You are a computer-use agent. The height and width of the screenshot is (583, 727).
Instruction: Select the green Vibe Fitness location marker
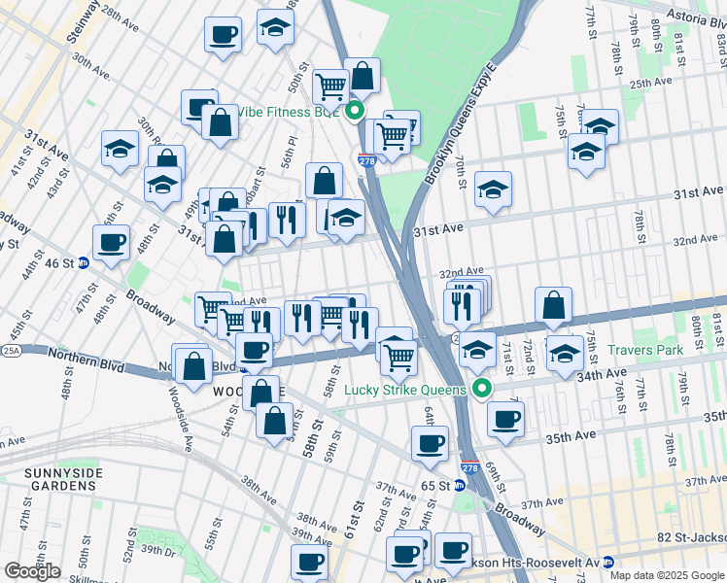(x=355, y=111)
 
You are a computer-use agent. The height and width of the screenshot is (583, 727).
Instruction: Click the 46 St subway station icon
(x=84, y=262)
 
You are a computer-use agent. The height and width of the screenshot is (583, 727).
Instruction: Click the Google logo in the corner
(x=32, y=571)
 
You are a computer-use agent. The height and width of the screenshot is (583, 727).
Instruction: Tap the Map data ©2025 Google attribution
(x=667, y=575)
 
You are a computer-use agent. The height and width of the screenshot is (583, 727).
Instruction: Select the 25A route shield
(x=11, y=350)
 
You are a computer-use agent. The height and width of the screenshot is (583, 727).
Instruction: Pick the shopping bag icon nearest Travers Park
(x=553, y=305)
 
